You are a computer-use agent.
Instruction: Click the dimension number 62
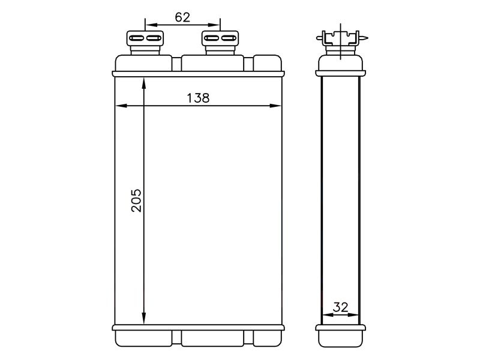click(x=182, y=17)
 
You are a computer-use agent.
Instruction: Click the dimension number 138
click(x=198, y=98)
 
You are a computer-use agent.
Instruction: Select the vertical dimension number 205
click(x=136, y=200)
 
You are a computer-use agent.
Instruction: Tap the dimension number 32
click(x=340, y=307)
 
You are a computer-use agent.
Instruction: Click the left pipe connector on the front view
click(x=145, y=42)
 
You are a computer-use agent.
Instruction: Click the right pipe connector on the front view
click(x=220, y=42)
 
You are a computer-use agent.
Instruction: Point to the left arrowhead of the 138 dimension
click(x=121, y=106)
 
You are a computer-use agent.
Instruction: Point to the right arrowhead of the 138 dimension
click(x=275, y=106)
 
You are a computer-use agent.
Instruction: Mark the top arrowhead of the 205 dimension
click(x=144, y=83)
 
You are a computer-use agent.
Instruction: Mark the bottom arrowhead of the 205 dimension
click(x=144, y=319)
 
